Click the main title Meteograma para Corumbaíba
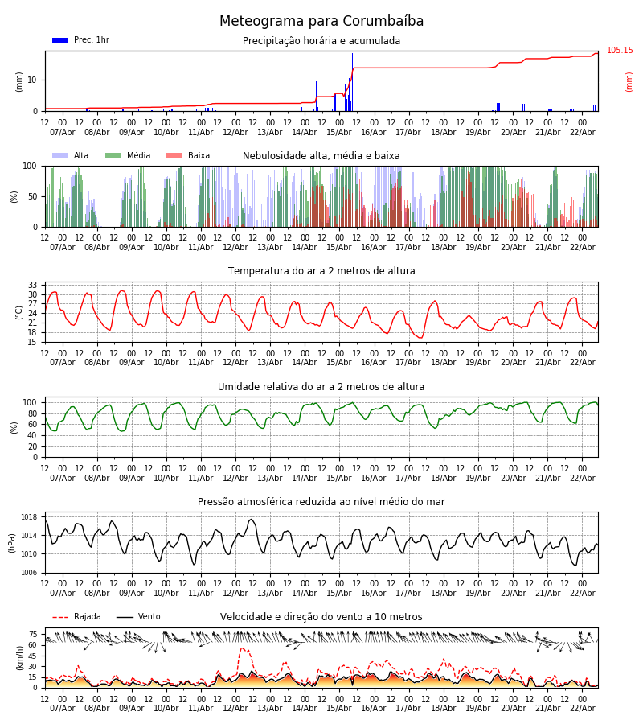pyautogui.click(x=321, y=22)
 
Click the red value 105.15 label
pyautogui.click(x=620, y=51)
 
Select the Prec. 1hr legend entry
pyautogui.click(x=80, y=40)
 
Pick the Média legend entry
pyautogui.click(x=128, y=156)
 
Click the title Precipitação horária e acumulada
pyautogui.click(x=321, y=41)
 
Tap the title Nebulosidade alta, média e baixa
pyautogui.click(x=321, y=156)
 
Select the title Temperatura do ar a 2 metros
pyautogui.click(x=321, y=271)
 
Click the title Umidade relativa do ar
pyautogui.click(x=321, y=387)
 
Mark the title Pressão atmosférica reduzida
pyautogui.click(x=321, y=502)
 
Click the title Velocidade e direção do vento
pyautogui.click(x=321, y=617)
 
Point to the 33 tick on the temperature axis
pyautogui.click(x=33, y=285)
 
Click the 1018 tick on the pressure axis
pyautogui.click(x=29, y=517)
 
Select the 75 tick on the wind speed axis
pyautogui.click(x=33, y=634)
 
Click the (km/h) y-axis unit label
pyautogui.click(x=19, y=658)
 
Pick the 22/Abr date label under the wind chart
pyautogui.click(x=582, y=708)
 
